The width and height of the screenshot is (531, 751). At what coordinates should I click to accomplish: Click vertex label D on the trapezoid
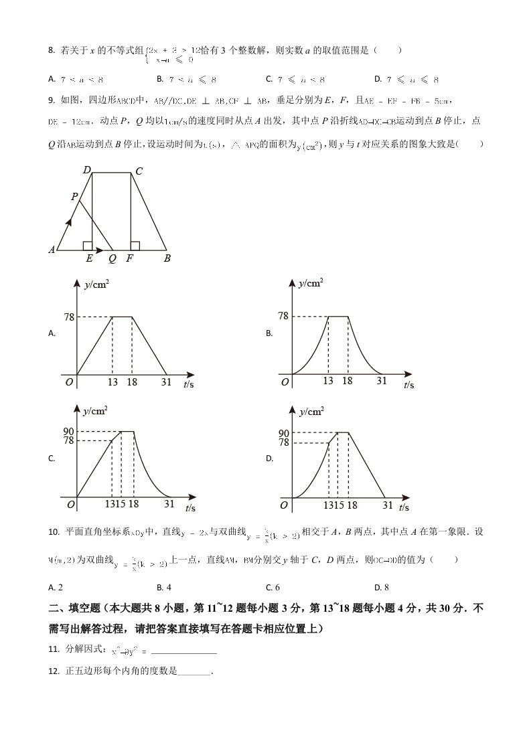(x=87, y=170)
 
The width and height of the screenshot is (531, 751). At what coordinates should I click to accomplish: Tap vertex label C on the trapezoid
(x=139, y=171)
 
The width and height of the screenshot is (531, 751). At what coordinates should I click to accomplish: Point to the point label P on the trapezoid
(x=74, y=196)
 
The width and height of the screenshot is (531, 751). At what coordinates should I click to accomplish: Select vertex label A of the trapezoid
(x=52, y=250)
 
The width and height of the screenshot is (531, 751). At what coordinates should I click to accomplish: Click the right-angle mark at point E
(x=88, y=246)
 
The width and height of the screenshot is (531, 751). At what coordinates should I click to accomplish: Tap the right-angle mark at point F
(x=135, y=246)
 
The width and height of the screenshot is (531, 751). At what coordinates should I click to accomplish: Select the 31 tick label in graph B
(x=381, y=380)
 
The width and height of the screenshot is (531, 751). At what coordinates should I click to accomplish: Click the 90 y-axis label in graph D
(x=284, y=433)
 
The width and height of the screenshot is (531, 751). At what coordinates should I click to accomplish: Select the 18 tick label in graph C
(x=133, y=504)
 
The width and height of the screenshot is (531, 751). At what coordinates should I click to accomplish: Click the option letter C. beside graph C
(x=52, y=459)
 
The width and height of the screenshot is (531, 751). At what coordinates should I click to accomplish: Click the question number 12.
(x=54, y=671)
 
